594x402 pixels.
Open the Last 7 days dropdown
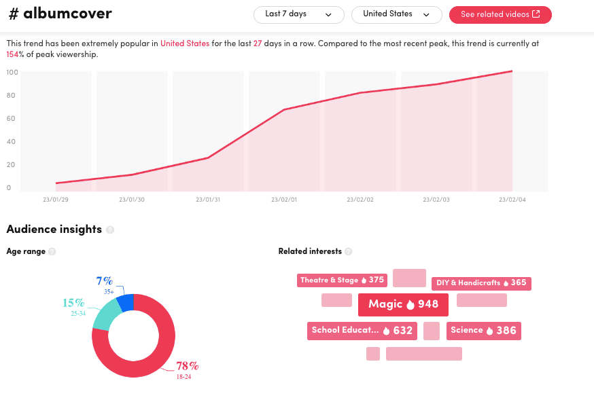point(298,14)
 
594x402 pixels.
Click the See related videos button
point(500,14)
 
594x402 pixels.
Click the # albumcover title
point(59,14)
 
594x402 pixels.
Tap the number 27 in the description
point(258,43)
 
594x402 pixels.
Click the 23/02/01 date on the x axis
point(284,200)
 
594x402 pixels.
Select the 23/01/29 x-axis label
point(56,200)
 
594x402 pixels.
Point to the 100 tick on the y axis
point(12,72)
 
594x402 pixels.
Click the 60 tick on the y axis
point(12,118)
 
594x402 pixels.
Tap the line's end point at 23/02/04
point(512,71)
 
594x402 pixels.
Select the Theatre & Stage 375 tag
point(342,280)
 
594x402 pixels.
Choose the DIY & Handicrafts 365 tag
point(481,283)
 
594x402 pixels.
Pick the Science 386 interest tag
point(483,331)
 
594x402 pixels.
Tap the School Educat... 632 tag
point(362,331)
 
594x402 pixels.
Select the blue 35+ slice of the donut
point(126,301)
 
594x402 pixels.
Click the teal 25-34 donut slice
point(105,316)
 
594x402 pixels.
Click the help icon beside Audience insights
point(110,230)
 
